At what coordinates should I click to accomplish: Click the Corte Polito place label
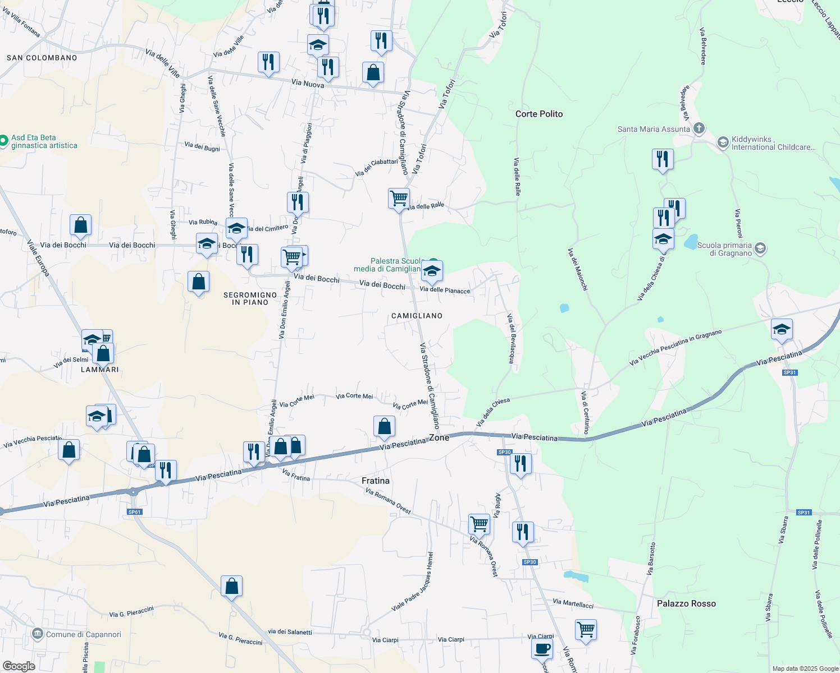click(x=539, y=114)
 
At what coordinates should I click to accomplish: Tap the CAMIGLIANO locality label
click(x=417, y=316)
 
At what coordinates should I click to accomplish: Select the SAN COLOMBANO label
click(x=42, y=58)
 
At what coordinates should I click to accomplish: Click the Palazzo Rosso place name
click(x=686, y=603)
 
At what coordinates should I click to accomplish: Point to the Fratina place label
click(x=375, y=481)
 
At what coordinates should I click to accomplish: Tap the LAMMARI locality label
click(x=100, y=370)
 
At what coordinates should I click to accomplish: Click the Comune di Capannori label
click(x=83, y=634)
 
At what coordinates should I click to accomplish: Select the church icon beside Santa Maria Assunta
click(x=699, y=128)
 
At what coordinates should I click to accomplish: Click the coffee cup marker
click(x=542, y=649)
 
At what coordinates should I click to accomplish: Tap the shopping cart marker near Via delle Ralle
click(x=399, y=198)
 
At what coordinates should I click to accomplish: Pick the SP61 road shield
click(x=134, y=511)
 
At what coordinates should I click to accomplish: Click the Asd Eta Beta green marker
click(x=3, y=140)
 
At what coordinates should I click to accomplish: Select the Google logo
click(x=19, y=666)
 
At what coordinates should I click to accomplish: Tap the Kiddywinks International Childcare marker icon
click(x=723, y=142)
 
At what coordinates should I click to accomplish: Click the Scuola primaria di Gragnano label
click(x=724, y=249)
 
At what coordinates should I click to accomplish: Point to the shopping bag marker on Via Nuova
click(x=373, y=73)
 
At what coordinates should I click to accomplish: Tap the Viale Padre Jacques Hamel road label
click(x=413, y=582)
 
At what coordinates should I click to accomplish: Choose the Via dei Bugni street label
click(x=202, y=147)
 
